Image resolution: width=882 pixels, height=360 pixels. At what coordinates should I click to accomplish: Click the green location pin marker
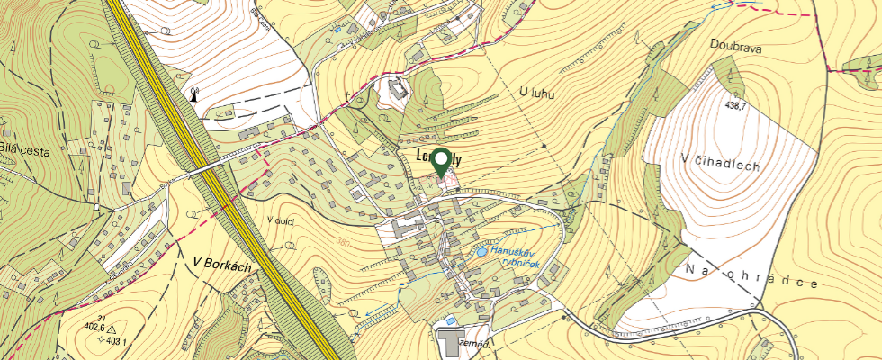pyautogui.click(x=441, y=162)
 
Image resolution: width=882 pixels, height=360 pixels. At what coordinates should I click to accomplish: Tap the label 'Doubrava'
pyautogui.click(x=735, y=48)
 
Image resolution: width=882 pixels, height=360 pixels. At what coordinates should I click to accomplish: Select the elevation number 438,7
pyautogui.click(x=736, y=105)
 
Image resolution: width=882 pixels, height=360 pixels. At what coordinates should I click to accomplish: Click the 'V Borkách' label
pyautogui.click(x=220, y=262)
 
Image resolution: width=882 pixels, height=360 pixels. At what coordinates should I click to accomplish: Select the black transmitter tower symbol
pyautogui.click(x=193, y=93)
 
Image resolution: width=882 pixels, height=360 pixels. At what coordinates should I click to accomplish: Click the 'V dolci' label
pyautogui.click(x=282, y=220)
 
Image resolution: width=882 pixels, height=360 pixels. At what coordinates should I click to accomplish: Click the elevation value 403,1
pyautogui.click(x=113, y=341)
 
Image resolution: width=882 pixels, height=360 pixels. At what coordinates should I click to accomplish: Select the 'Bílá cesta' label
pyautogui.click(x=23, y=150)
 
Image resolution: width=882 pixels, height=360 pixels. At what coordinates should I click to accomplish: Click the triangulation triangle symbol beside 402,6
pyautogui.click(x=110, y=328)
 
